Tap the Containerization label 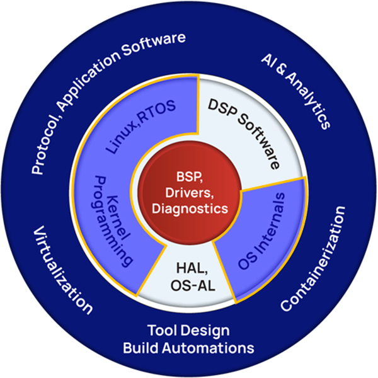tap(314, 258)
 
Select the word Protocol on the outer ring tap(44, 142)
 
